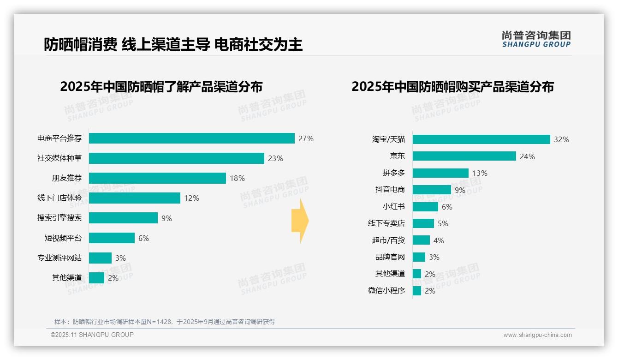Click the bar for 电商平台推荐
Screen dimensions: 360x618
tap(191, 138)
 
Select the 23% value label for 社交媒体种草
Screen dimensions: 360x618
tap(275, 158)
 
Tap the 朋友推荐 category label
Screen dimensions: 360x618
tap(66, 178)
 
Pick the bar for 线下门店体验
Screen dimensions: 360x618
tap(134, 198)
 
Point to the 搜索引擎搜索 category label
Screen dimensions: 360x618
tap(59, 218)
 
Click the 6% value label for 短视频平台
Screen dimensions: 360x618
tap(143, 238)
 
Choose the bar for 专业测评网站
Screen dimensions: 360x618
tap(100, 258)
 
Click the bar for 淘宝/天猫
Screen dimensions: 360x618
tap(481, 139)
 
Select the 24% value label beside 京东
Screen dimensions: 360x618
tap(527, 156)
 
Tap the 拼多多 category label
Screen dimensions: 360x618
tap(393, 173)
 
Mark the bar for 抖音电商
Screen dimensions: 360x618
tap(432, 190)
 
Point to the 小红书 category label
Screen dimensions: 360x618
tap(393, 207)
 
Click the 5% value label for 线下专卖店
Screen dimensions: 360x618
tap(443, 223)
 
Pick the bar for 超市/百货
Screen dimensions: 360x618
tap(421, 240)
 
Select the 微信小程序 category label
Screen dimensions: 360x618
tap(386, 291)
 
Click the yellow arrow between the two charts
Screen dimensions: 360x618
tap(300, 221)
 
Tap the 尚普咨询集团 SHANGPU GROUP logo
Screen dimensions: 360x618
tap(536, 39)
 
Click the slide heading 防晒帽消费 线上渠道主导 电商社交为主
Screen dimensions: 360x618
tap(173, 44)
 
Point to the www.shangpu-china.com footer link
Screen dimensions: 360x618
tap(537, 335)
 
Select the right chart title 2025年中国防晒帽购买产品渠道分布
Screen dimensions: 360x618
tap(452, 87)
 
